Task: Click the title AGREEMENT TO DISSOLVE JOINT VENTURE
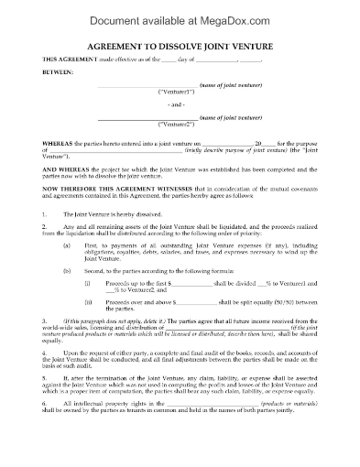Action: point(180,43)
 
